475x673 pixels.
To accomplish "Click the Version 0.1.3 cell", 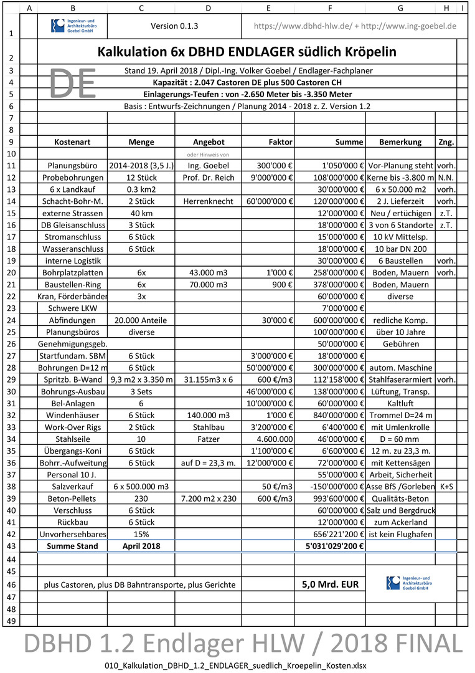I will [174, 26].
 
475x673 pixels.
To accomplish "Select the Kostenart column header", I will [72, 142].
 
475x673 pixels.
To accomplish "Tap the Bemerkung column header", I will [400, 142].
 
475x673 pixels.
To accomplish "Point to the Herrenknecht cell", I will [208, 201].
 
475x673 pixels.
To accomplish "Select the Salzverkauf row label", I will [72, 486].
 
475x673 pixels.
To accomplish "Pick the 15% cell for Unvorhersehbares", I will [141, 534].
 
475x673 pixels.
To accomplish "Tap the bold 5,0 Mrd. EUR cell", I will [330, 585].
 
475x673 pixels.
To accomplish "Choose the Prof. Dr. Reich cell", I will [208, 178].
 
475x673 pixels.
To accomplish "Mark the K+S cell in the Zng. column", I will [446, 486].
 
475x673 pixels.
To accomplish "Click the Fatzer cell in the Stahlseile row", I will [208, 439].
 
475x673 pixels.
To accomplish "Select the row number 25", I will [11, 332].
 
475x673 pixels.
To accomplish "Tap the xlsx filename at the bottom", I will [237, 665].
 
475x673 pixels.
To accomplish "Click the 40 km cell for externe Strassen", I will [141, 213].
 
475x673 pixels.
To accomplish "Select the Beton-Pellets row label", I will [72, 499].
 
